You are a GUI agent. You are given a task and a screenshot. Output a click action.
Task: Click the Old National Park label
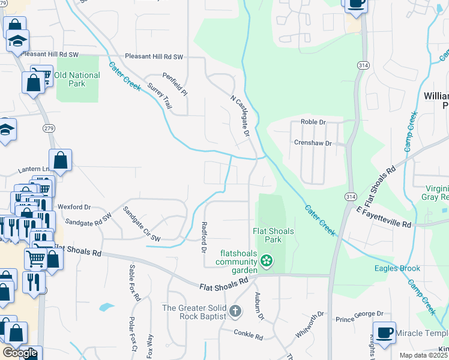click(77, 79)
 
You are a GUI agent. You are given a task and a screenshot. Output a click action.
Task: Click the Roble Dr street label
click(313, 122)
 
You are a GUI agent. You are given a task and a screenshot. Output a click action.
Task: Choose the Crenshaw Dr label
click(313, 143)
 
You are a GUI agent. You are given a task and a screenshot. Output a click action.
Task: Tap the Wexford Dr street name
click(75, 207)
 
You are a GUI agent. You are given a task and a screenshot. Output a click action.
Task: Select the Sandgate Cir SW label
click(142, 224)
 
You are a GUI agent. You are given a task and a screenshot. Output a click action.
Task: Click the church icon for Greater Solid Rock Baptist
click(235, 311)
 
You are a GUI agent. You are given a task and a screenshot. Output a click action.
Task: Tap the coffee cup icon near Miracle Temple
click(384, 332)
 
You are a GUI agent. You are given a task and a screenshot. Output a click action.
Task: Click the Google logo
click(20, 352)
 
